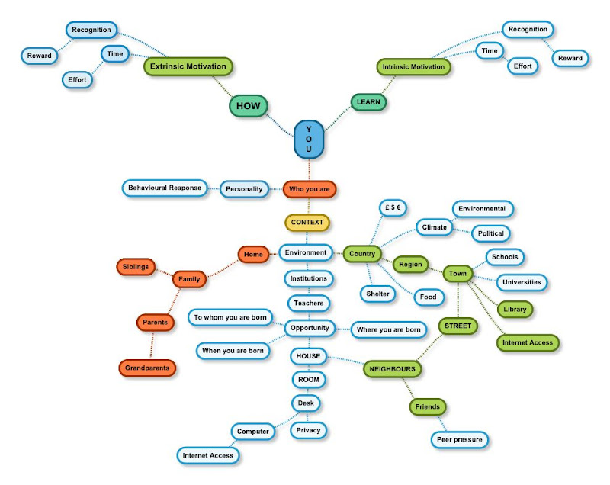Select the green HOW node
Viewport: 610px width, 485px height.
248,107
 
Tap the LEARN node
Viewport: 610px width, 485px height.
368,101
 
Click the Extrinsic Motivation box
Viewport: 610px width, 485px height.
188,66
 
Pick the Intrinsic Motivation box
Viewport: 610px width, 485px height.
414,66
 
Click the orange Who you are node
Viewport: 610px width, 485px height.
310,188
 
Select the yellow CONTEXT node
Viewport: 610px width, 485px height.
308,223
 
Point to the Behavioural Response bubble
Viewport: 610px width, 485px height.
165,188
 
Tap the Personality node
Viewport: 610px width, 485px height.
244,188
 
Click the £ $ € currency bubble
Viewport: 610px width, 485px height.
393,207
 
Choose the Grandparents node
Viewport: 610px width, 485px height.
148,368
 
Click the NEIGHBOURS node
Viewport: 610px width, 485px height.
393,369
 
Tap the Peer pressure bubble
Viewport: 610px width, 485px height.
459,439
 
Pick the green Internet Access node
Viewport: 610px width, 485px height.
528,343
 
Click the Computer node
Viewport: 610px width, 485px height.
253,432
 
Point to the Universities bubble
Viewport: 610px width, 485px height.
522,282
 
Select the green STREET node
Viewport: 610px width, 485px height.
458,326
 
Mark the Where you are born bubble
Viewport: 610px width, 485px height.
388,330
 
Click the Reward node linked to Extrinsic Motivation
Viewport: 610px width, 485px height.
40,56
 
